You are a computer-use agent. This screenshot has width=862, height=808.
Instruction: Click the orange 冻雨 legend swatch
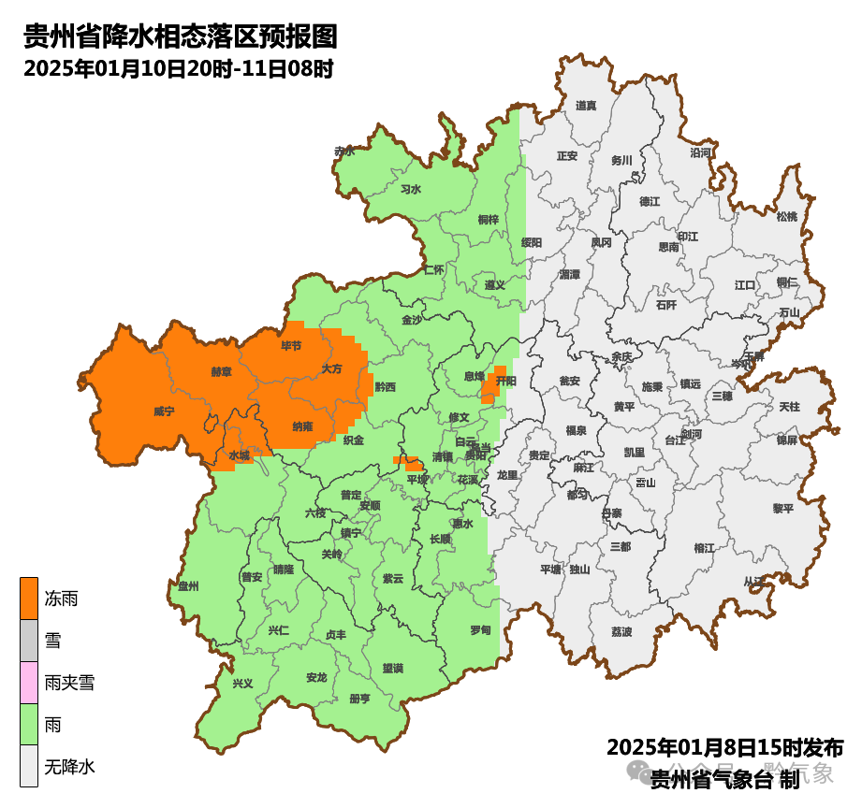29,598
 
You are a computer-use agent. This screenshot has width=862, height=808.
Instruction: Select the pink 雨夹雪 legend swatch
29,682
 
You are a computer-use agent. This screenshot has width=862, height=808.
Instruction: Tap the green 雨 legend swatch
29,725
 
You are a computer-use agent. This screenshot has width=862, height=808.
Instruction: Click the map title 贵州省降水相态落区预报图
180,37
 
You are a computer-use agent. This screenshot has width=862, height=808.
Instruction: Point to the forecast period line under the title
179,69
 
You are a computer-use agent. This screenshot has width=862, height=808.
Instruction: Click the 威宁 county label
165,411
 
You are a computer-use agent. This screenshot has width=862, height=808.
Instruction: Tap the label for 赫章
222,371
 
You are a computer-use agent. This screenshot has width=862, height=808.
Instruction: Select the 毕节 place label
292,346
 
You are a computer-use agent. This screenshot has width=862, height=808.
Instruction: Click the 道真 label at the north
586,106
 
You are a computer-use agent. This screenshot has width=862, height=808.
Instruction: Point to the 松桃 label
787,217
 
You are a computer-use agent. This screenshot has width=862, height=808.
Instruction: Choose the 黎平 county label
782,508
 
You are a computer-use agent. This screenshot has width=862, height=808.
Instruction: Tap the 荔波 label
621,632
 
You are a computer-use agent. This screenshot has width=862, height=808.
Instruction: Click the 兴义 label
243,683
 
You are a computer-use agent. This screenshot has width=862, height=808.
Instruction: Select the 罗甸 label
480,630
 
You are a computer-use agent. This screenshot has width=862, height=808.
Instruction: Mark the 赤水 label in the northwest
344,151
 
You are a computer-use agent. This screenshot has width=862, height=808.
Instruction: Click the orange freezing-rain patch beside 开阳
489,386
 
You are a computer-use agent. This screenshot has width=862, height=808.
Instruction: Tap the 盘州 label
189,586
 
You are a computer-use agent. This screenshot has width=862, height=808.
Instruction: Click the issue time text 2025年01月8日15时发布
724,748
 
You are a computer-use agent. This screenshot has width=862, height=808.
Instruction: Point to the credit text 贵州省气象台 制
724,777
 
